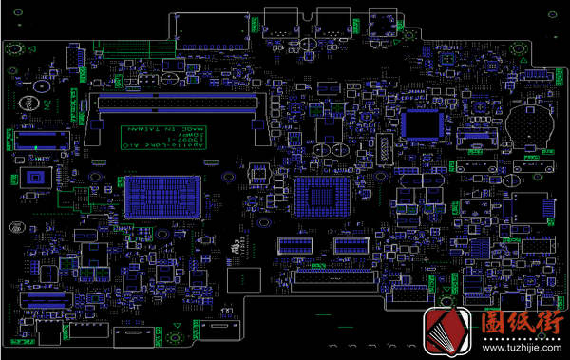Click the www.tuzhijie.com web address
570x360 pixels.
514,348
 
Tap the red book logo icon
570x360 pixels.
449,333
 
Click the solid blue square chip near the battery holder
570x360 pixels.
421,124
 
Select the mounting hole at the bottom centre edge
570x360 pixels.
176,338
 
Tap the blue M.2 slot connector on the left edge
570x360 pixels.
39,140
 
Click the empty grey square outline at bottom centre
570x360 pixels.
244,278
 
